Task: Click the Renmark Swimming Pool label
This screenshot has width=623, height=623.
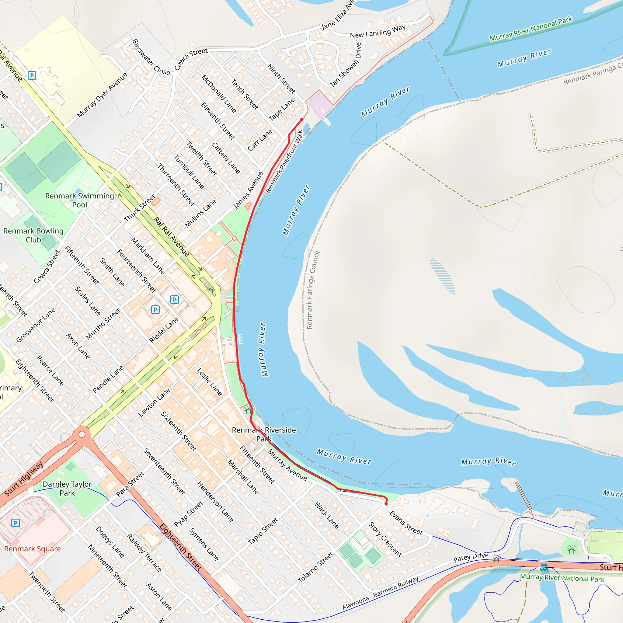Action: [80, 200]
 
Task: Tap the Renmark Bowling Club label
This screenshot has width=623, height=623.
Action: [33, 235]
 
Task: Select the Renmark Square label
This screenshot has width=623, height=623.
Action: [32, 548]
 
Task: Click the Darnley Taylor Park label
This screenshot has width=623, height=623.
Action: [67, 488]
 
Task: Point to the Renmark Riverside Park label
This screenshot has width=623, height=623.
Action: [264, 434]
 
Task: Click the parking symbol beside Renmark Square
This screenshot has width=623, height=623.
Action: [16, 523]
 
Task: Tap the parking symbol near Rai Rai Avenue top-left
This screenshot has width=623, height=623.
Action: [32, 75]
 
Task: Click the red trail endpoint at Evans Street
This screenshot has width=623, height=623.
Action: [386, 503]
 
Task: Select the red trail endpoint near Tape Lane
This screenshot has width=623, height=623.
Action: [302, 119]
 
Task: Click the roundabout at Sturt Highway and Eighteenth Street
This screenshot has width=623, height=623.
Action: [82, 434]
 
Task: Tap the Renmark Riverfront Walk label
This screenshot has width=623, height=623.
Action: [284, 161]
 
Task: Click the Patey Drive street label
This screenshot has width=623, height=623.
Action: [471, 557]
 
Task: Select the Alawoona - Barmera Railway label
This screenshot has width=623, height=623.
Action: [380, 593]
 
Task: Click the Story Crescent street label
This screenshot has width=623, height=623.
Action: [385, 539]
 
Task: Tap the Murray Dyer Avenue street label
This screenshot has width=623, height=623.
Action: [102, 95]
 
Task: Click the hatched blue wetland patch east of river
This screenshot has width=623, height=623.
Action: [442, 275]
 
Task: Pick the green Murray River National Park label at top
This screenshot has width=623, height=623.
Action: [531, 28]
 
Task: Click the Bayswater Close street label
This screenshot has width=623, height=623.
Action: [151, 57]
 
